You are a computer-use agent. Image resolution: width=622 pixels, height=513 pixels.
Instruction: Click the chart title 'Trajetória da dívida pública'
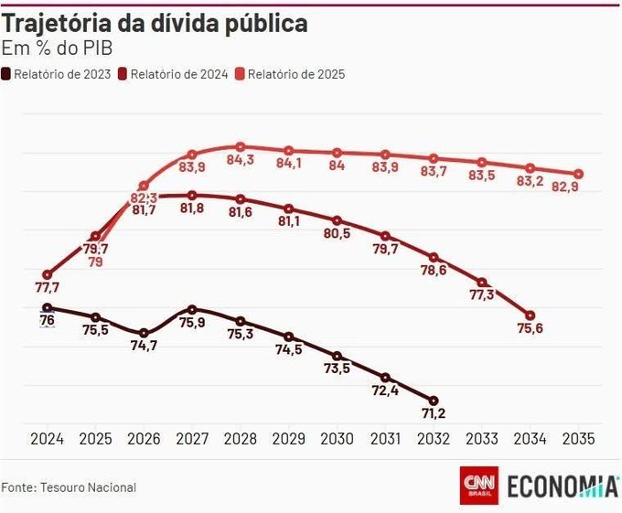[x=155, y=25]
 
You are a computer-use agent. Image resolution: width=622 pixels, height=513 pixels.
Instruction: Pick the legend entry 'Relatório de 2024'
[x=180, y=73]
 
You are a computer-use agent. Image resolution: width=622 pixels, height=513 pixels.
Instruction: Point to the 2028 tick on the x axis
[x=240, y=439]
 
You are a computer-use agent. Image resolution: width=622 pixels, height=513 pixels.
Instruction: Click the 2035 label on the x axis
[x=578, y=439]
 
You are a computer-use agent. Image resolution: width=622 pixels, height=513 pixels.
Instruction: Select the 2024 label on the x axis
[x=47, y=439]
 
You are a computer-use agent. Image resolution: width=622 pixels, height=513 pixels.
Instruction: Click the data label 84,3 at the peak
[x=240, y=161]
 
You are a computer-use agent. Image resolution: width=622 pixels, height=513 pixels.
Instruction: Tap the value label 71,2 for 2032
[x=433, y=416]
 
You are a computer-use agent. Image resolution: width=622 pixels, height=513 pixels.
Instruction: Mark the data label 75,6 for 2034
[x=530, y=329]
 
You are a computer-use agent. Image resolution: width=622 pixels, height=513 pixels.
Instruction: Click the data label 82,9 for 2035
[x=578, y=187]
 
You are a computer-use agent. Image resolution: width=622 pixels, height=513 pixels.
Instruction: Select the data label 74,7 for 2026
[x=144, y=346]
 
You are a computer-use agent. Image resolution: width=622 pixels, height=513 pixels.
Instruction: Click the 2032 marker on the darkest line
[x=433, y=401]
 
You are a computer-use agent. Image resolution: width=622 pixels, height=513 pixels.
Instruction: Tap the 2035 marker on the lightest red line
[x=578, y=174]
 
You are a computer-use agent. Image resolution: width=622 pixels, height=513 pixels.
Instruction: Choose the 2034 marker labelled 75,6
[x=530, y=315]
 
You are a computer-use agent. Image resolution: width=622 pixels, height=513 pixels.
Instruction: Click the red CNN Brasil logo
[x=478, y=486]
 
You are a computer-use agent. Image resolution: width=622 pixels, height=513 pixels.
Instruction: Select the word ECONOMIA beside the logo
[x=562, y=486]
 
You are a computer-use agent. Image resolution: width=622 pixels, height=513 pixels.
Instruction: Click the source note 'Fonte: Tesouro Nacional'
[x=69, y=487]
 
